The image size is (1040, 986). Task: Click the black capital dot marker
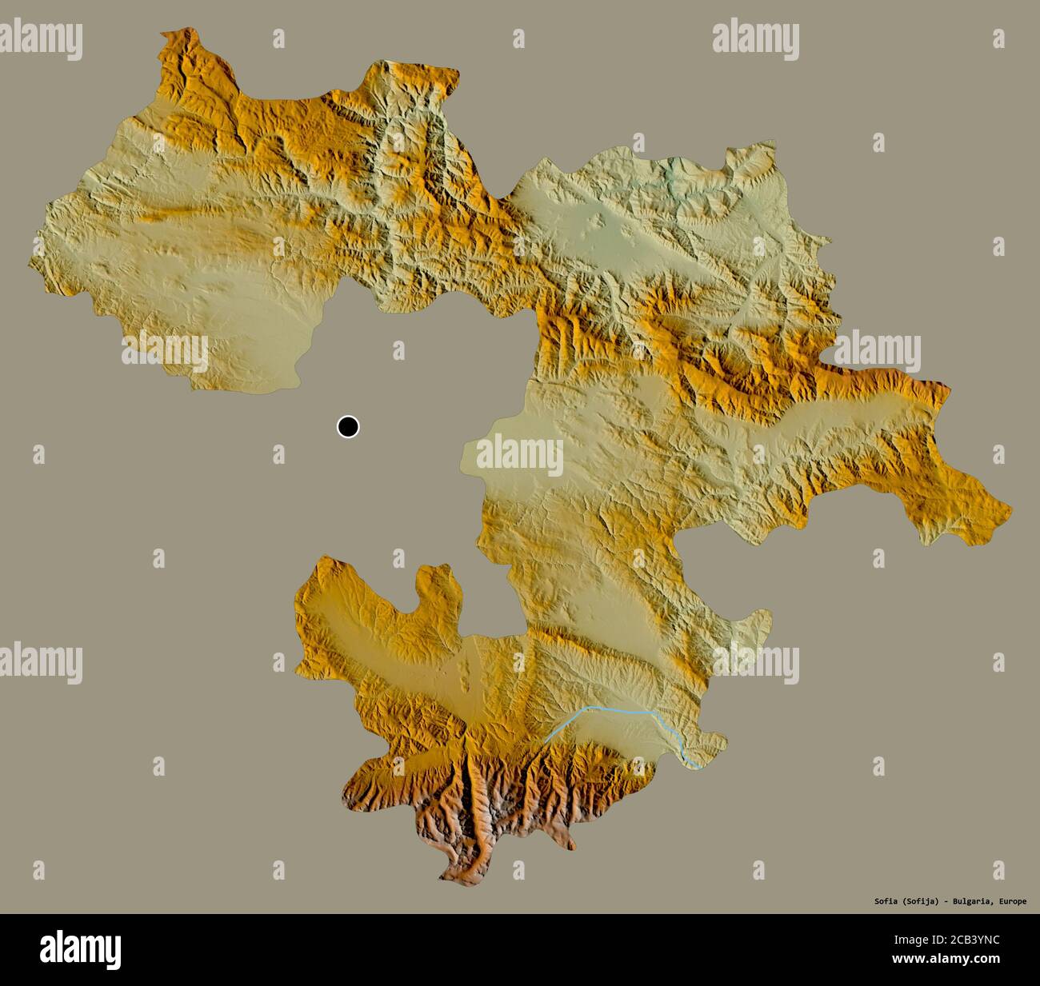(348, 427)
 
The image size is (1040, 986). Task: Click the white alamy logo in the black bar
(81, 949)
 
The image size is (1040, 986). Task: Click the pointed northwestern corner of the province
(163, 34)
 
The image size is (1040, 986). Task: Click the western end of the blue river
(546, 742)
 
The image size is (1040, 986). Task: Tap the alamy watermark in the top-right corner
(755, 38)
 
